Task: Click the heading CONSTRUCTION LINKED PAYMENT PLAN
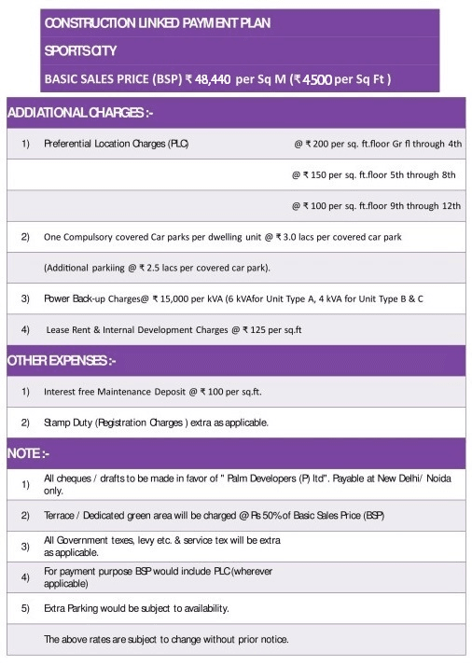click(x=158, y=22)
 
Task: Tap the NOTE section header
click(x=28, y=453)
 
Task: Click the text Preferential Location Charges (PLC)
click(x=116, y=145)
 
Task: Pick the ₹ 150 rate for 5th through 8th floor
click(x=373, y=174)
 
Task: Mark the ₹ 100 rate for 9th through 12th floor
click(x=376, y=205)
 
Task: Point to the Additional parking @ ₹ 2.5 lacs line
click(x=157, y=268)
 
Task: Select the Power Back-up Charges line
click(x=233, y=298)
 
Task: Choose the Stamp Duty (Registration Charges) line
click(x=156, y=423)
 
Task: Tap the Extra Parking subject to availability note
click(x=136, y=608)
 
